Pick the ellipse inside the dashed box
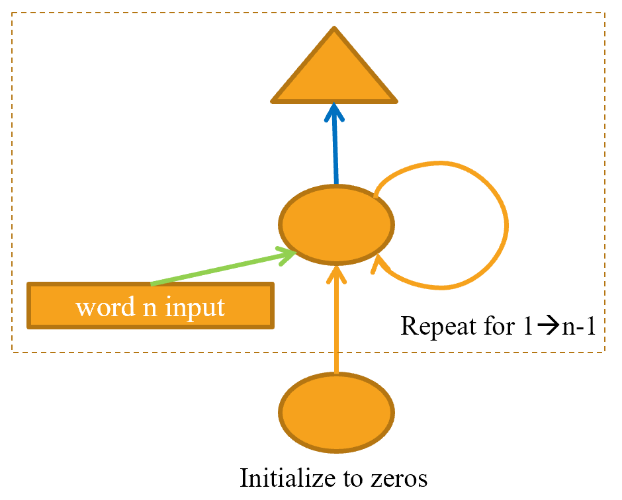coord(336,224)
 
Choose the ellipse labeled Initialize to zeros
coord(336,413)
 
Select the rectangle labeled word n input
coord(150,306)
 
